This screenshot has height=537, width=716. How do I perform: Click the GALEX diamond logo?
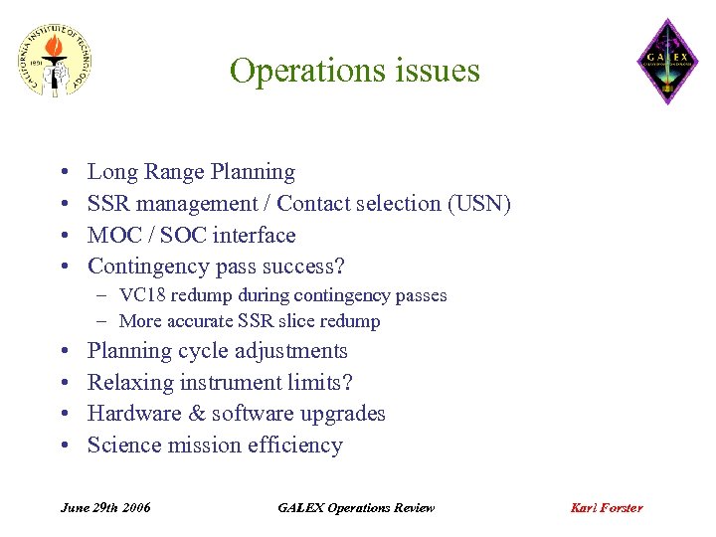point(667,62)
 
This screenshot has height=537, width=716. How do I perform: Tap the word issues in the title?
point(433,71)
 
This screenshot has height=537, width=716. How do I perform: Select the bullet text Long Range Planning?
point(191,172)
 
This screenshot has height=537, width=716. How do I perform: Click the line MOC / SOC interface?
point(191,236)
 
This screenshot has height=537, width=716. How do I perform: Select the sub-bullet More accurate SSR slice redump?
point(250,321)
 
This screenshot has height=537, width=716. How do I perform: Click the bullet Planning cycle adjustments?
point(217,351)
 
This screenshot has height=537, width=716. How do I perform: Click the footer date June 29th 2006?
point(105,508)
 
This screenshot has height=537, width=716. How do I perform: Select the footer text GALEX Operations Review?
point(356,508)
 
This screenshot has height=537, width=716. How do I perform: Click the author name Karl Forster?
point(607,508)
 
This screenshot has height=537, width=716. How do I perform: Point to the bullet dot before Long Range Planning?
point(64,173)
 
